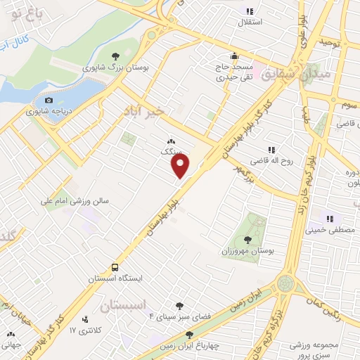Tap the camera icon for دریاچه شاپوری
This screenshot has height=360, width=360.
49,101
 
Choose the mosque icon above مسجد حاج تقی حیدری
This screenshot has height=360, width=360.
234,56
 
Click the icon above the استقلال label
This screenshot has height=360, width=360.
249,11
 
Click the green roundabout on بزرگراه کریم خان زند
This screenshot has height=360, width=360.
285,284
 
